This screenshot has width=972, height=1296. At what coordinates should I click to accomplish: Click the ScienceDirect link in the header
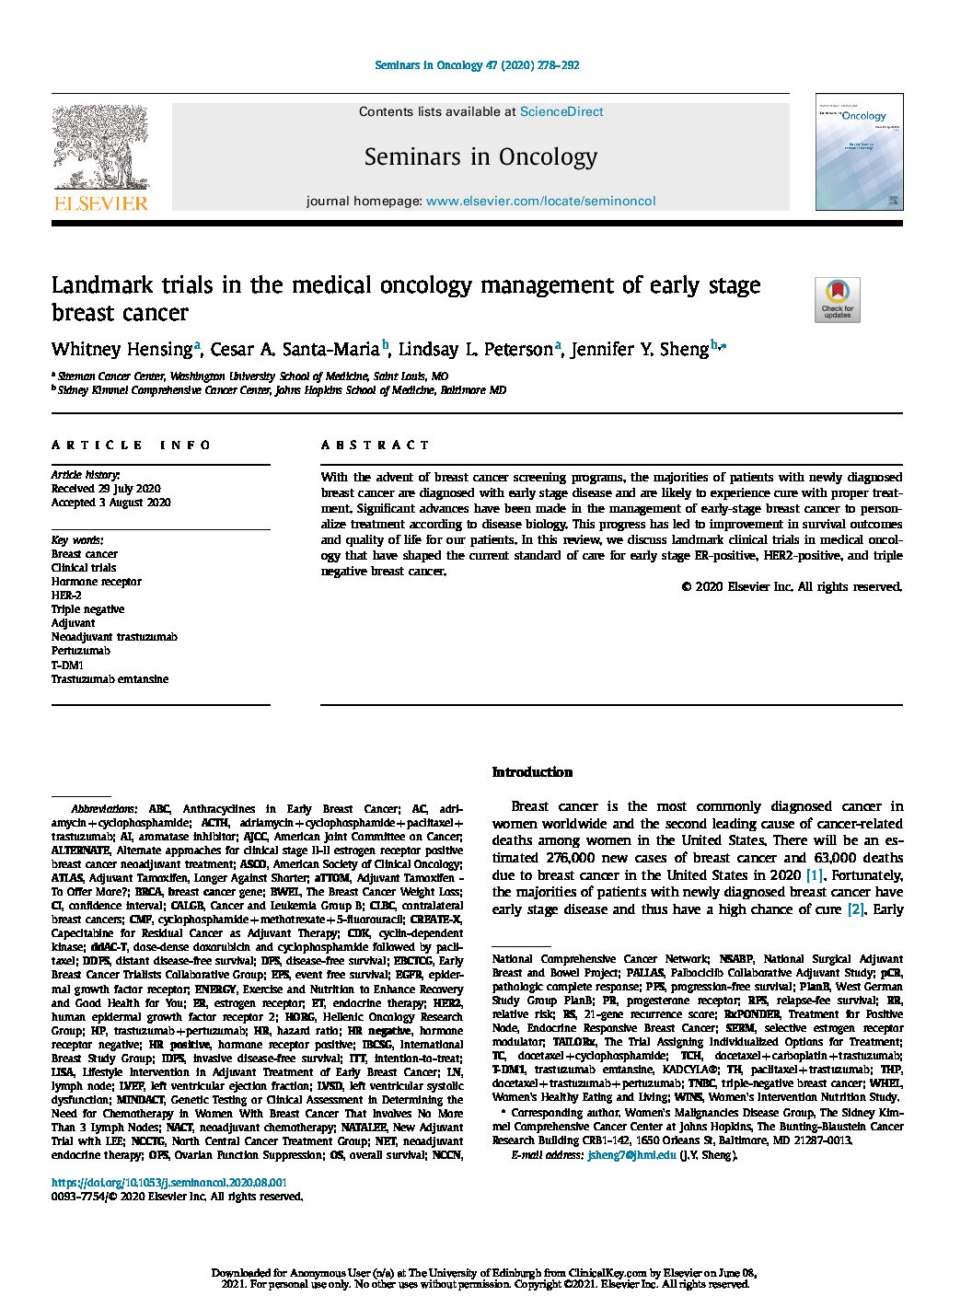tap(561, 111)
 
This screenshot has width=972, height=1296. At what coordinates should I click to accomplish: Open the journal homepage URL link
tap(540, 201)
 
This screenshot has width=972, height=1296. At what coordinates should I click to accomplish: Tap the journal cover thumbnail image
tap(858, 152)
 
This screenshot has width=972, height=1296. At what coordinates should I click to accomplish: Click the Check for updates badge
tap(837, 300)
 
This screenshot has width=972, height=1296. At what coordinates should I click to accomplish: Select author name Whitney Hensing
tap(121, 350)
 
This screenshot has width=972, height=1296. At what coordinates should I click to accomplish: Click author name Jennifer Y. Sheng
tap(640, 350)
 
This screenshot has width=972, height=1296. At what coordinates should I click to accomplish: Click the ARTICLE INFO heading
tap(132, 445)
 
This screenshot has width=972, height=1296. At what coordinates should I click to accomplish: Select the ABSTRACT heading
tap(376, 445)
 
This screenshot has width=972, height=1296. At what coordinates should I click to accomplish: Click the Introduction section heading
tap(532, 772)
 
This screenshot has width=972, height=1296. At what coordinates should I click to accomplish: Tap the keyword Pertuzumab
tap(82, 651)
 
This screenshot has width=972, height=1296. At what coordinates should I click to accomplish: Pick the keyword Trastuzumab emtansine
tap(110, 679)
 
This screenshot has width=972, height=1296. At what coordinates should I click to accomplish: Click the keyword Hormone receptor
tap(97, 582)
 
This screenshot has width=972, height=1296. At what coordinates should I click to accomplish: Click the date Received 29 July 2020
tap(106, 489)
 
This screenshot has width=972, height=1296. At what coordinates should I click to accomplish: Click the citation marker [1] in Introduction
tap(815, 875)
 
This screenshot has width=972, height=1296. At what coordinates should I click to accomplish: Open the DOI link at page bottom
tap(168, 1183)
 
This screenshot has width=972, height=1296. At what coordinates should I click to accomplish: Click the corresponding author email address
tap(631, 1155)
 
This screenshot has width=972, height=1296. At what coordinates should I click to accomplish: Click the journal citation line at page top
tap(477, 65)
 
